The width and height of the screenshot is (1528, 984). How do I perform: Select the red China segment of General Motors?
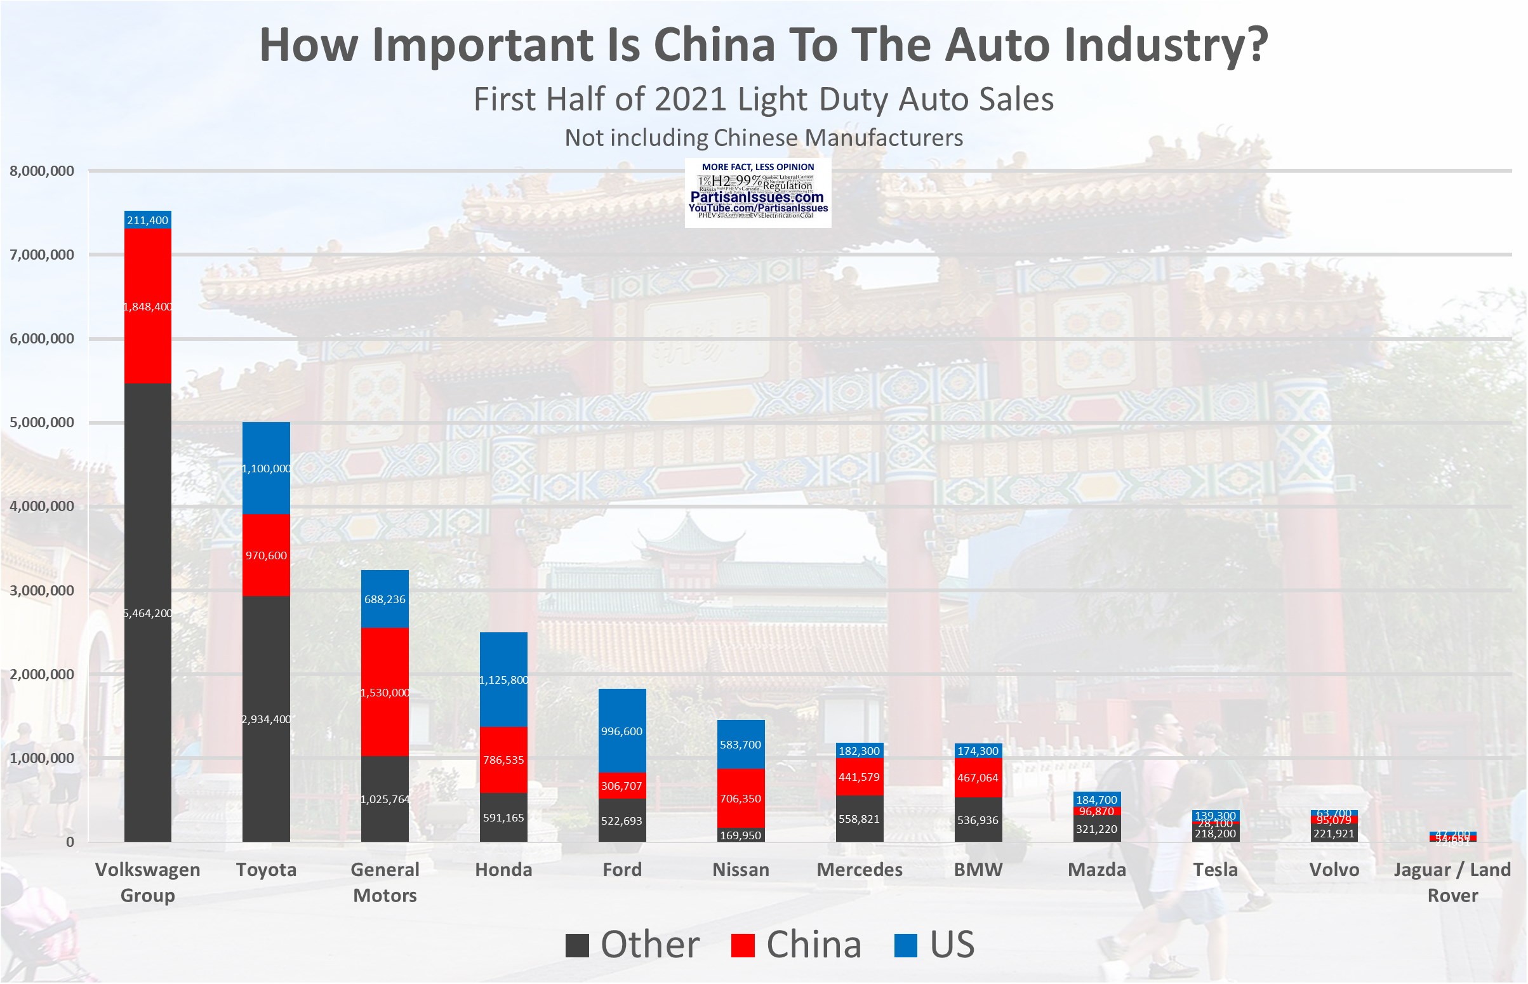385,715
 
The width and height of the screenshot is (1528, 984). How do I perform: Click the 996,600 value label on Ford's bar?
621,731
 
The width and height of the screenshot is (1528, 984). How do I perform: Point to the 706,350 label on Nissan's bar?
740,799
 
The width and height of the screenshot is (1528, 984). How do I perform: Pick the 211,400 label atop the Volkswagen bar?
147,220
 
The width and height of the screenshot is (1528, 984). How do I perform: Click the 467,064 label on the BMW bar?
978,778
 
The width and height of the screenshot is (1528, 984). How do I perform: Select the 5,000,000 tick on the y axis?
41,422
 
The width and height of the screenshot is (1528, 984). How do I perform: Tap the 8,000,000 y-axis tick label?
41,171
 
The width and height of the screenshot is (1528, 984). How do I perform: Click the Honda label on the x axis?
503,870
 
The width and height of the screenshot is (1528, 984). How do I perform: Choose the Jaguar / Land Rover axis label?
1452,882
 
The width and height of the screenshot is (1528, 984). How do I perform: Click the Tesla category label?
1215,870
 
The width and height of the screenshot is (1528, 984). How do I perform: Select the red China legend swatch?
743,946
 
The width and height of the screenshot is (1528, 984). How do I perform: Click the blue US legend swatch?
906,946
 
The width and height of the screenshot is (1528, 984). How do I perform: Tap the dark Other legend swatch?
577,946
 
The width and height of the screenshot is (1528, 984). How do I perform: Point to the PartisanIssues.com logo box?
757,193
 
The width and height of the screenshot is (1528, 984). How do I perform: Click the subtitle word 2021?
691,100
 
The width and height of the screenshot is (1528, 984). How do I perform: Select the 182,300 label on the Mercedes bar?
859,752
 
